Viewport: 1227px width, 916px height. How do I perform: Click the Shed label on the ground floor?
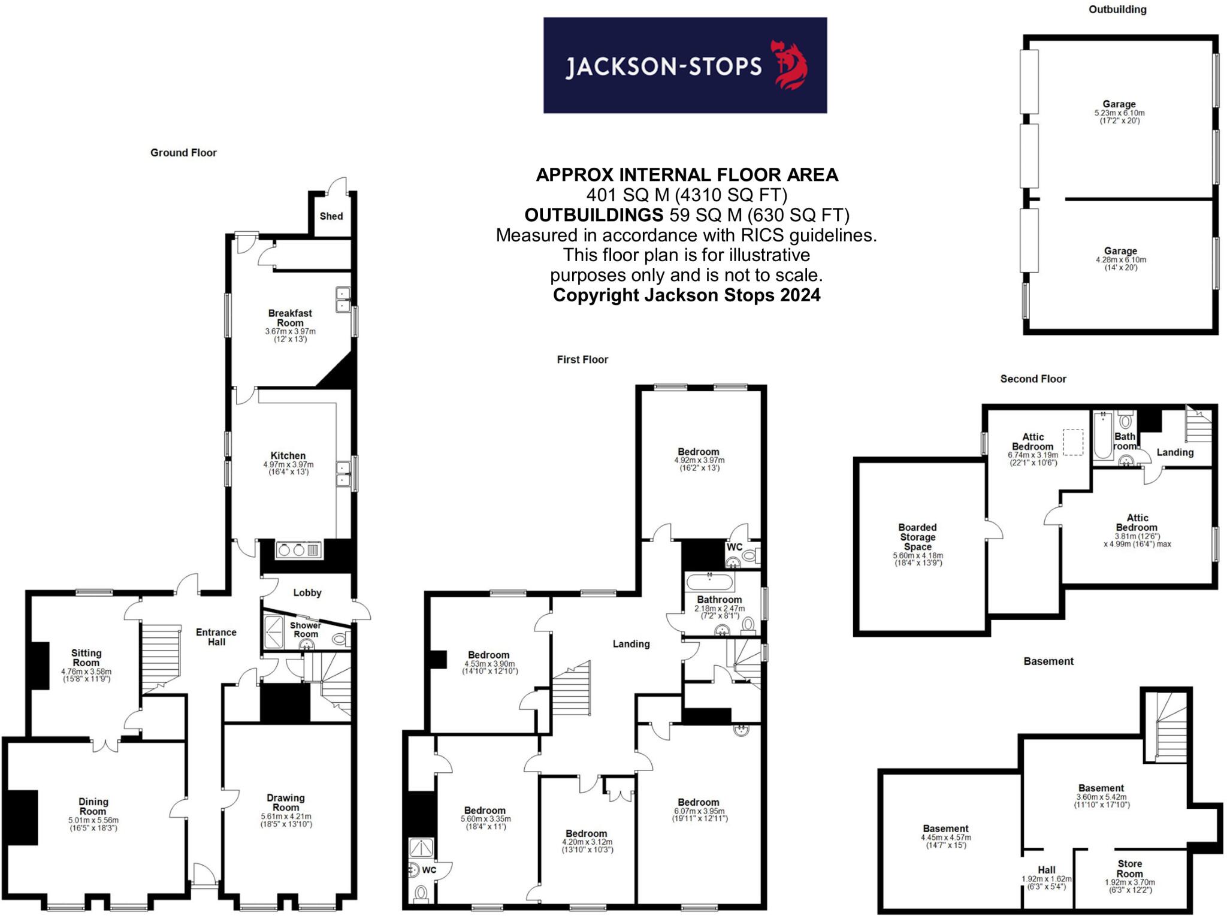(331, 216)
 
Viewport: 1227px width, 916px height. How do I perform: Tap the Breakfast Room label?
(290, 318)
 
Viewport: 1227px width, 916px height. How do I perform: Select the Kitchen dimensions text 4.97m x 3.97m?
(288, 464)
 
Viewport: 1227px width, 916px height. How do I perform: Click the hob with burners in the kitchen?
(298, 550)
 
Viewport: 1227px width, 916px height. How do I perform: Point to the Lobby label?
(307, 592)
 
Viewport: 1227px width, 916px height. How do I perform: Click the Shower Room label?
(306, 630)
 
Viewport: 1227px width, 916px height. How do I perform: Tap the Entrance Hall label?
(216, 637)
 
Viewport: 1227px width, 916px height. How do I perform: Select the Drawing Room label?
(286, 803)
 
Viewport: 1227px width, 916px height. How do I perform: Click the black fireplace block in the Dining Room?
(23, 817)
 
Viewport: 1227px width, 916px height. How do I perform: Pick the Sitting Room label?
(86, 658)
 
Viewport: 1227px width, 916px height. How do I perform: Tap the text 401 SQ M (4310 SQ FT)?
(687, 195)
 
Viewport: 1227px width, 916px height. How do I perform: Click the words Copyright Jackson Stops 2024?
(687, 295)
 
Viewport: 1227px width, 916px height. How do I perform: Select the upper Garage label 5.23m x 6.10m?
(1119, 104)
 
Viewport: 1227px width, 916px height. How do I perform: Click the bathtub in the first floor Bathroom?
(709, 582)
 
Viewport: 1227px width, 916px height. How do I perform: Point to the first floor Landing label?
(631, 644)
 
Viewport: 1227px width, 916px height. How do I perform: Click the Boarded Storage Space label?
(917, 537)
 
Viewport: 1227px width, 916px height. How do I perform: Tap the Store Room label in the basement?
(1129, 869)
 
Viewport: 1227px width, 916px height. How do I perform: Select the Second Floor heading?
(1033, 379)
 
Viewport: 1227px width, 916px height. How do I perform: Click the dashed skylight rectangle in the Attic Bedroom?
(1073, 442)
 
